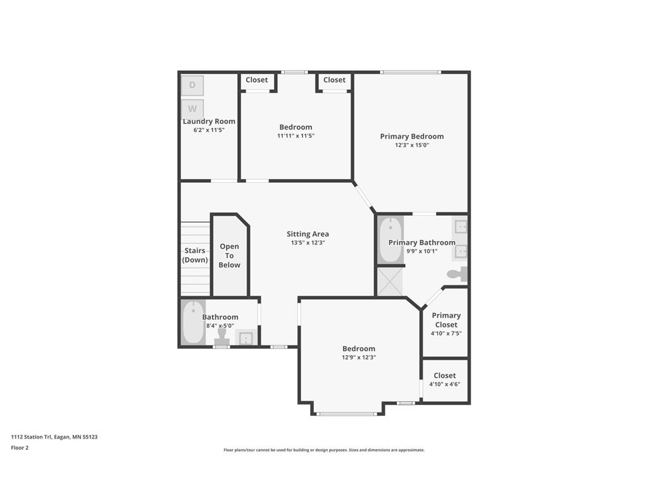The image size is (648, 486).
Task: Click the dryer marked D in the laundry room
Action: point(192,85)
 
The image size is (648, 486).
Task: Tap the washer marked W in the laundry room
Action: point(192,108)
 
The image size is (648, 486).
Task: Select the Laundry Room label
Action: point(209,121)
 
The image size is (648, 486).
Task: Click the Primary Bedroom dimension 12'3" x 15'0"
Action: point(411,145)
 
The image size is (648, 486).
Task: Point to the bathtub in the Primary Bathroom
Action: point(390,240)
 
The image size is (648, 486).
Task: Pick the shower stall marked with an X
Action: point(390,282)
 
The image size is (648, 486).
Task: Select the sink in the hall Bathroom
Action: point(244,338)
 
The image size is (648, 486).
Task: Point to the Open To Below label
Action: point(229,256)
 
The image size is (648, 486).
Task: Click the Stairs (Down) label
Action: point(195,255)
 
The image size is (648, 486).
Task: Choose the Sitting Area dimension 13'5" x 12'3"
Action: point(308,243)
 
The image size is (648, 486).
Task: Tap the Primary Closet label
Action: point(446,320)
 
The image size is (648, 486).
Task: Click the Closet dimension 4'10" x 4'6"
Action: point(444,384)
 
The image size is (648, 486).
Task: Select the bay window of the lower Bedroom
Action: point(347,414)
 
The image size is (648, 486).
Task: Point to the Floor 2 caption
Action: point(20,447)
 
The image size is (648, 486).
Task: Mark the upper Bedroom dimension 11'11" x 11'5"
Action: point(296,135)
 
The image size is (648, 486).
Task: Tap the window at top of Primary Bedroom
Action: point(410,72)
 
